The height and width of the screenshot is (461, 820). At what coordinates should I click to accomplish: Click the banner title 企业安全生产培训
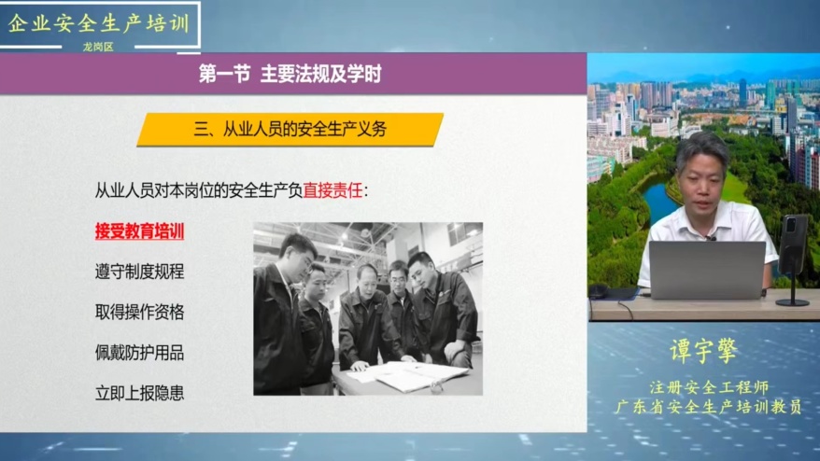99,23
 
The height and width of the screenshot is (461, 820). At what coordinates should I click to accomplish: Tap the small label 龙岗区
98,47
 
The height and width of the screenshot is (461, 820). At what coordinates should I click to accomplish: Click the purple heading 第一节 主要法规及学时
290,74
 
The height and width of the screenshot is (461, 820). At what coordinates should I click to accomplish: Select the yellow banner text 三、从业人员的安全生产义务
290,129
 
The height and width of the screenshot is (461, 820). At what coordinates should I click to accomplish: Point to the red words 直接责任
332,190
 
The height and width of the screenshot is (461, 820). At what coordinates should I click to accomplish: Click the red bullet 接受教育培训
140,231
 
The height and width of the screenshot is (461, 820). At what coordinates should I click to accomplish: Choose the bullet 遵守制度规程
140,272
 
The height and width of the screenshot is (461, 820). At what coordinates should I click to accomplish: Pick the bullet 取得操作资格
140,312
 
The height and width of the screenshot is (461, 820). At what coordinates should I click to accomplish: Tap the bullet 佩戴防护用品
140,353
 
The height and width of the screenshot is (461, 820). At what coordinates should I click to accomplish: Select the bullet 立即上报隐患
140,393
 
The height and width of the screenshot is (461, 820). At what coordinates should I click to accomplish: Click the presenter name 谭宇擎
704,351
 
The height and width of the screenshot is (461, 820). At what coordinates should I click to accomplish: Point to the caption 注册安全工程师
709,387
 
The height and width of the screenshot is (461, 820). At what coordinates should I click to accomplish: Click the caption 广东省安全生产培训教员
708,407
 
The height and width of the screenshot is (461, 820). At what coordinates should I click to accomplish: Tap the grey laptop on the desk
707,271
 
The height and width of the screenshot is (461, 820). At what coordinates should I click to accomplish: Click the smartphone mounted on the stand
793,244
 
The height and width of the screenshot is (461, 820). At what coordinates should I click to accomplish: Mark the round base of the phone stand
792,302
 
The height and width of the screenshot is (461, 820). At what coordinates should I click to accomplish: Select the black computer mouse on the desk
599,290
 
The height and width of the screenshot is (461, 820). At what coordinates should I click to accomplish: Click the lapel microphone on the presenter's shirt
710,238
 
